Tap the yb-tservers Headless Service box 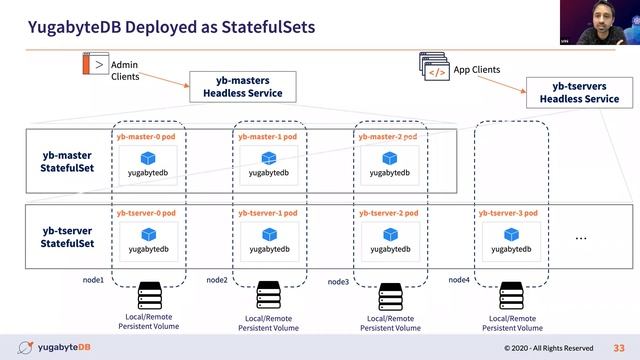[x=579, y=92]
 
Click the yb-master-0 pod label [x=146, y=135]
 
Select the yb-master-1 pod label [x=268, y=135]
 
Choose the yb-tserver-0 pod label [x=146, y=213]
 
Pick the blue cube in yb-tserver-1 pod [x=268, y=234]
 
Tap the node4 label [x=459, y=279]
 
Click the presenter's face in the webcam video [x=604, y=26]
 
